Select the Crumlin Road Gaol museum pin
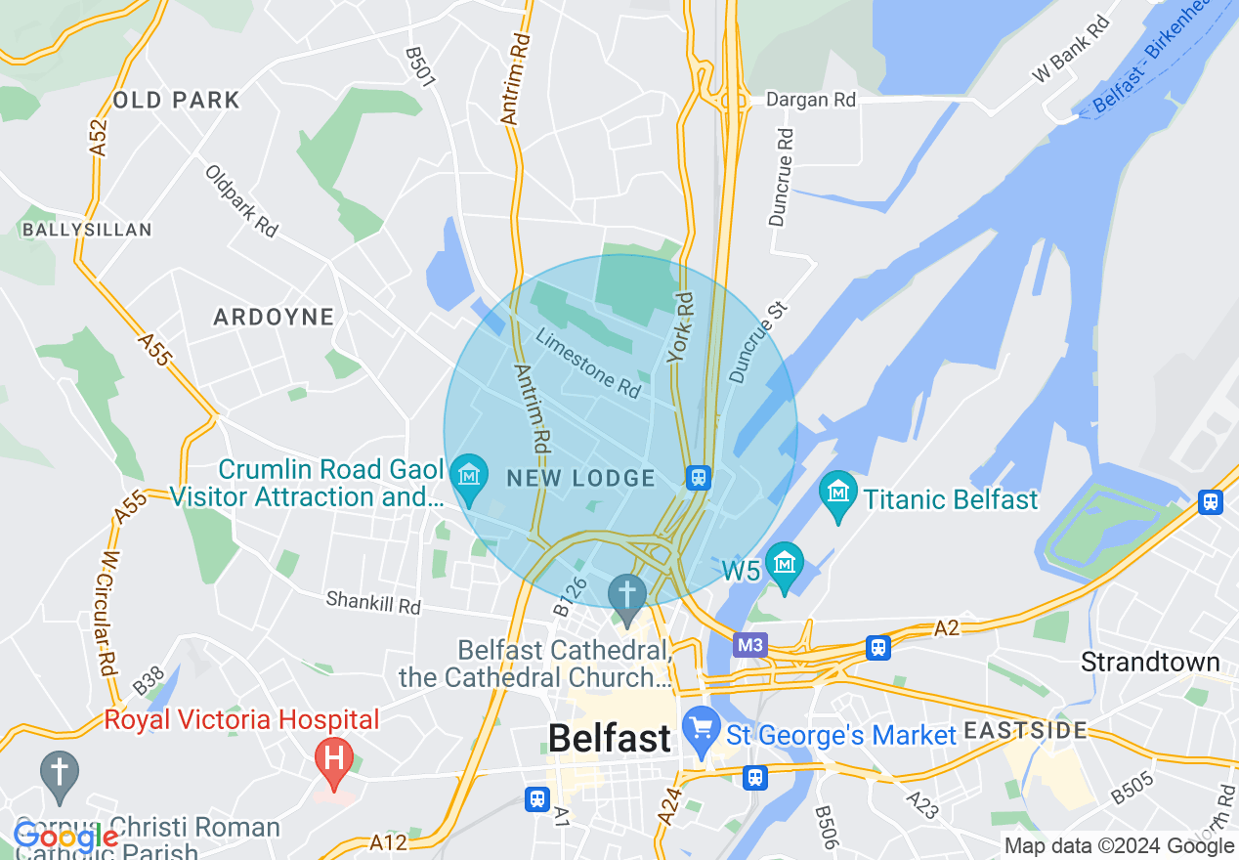(470, 478)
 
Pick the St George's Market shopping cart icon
(701, 730)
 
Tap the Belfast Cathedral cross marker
(627, 596)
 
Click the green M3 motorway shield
(750, 645)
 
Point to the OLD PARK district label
(176, 100)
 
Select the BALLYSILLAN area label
(88, 230)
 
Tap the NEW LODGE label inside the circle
(581, 478)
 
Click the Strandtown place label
(1150, 662)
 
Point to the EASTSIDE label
(1025, 730)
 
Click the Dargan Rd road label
(811, 100)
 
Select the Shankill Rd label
(373, 602)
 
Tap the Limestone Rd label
(588, 363)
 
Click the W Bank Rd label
(1072, 50)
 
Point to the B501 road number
(420, 66)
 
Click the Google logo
(64, 837)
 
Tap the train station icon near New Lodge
(698, 478)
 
